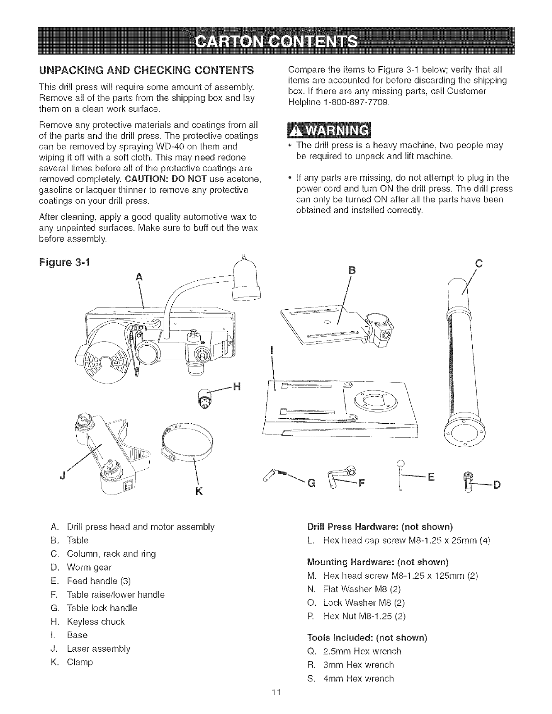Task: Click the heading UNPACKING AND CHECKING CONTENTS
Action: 139,70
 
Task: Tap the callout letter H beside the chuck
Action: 235,385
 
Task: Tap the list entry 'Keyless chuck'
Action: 95,622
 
